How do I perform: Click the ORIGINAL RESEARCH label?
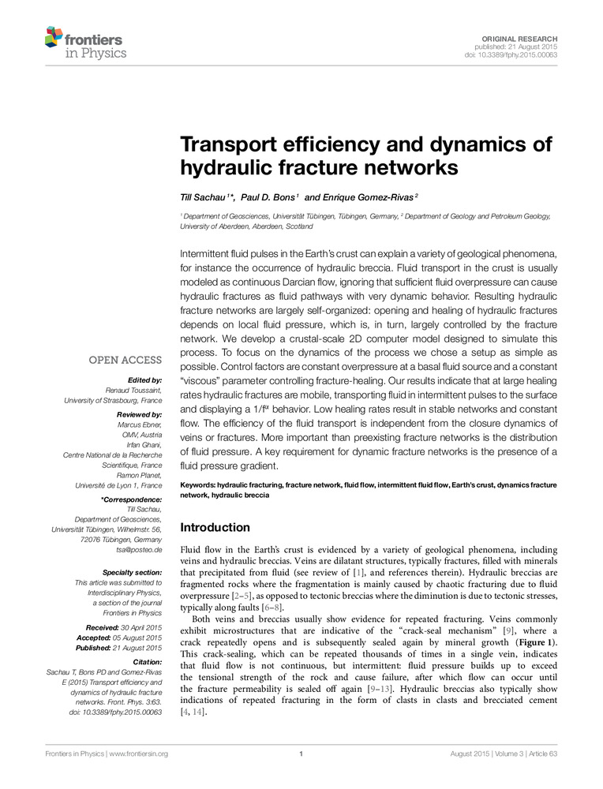524,38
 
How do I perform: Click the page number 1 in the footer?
301,753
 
